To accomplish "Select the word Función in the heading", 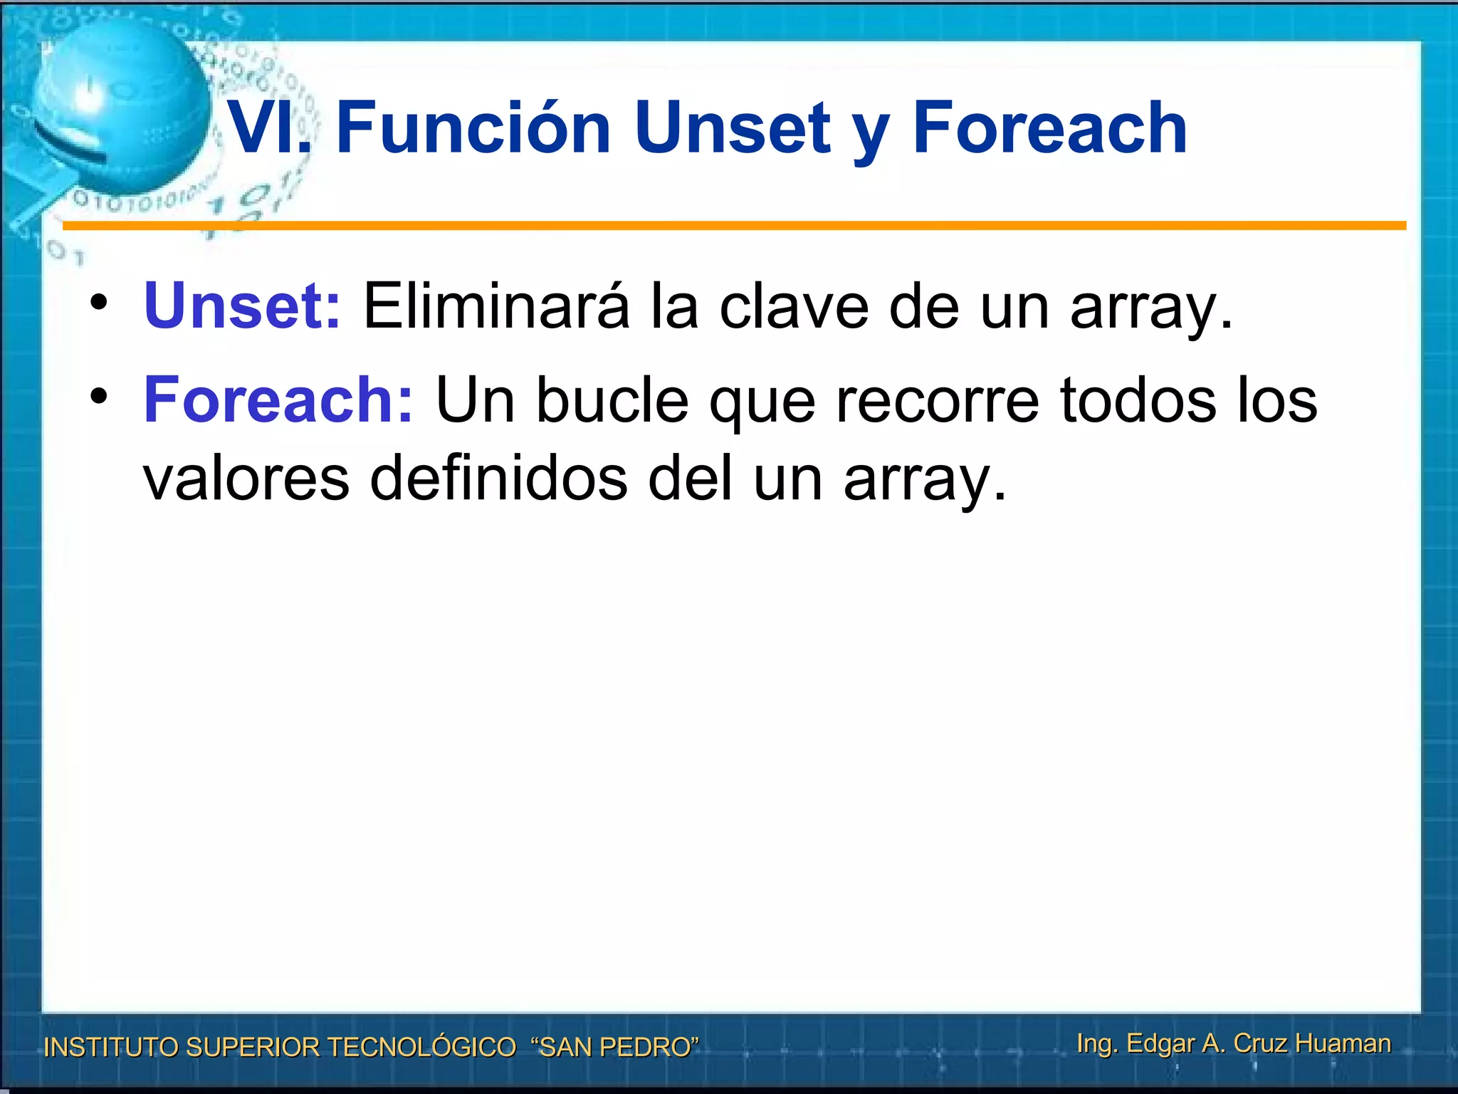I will [473, 128].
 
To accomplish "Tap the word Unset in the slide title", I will [733, 128].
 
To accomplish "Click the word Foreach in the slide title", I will [1049, 128].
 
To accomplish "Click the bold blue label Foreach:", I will [278, 400].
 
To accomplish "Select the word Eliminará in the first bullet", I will [496, 306].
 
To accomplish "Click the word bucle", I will [612, 400].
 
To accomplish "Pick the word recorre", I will [937, 400].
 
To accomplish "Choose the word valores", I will [246, 479].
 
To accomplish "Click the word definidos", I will [498, 479].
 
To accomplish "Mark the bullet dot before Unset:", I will [99, 302].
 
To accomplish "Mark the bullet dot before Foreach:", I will [99, 396].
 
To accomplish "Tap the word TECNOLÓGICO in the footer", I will [421, 1047].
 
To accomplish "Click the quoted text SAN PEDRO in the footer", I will [615, 1047].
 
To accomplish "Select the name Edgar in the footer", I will [1160, 1043].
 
